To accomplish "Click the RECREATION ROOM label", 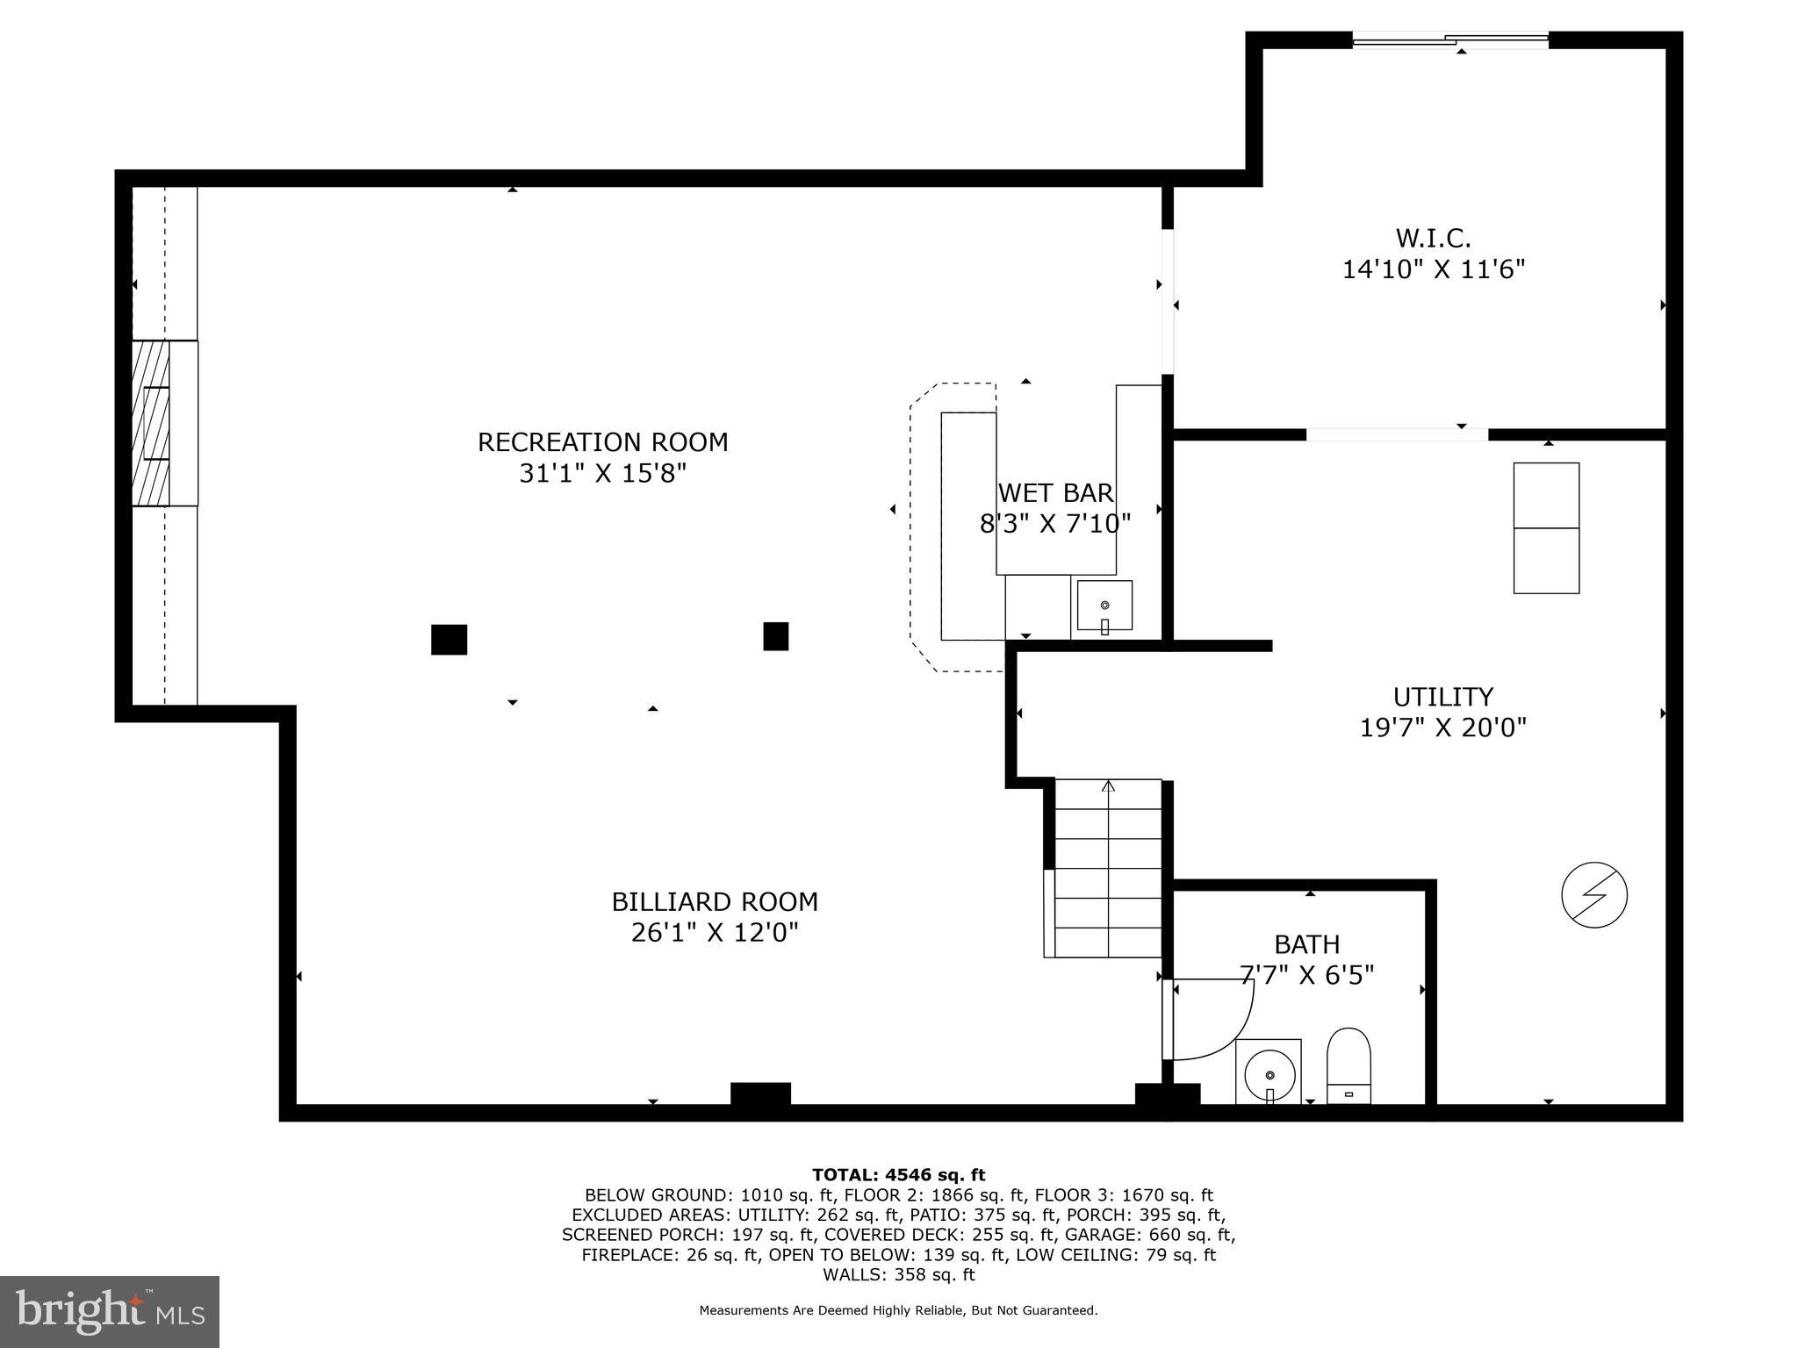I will [x=602, y=441].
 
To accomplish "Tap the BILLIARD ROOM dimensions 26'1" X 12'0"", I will [x=715, y=932].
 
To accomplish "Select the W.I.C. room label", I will [x=1433, y=238].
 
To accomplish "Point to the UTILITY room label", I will [x=1442, y=697].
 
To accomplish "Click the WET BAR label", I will [x=1055, y=493].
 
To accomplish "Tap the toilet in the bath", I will [x=1348, y=1065].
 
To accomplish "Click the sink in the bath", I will [x=1269, y=1072].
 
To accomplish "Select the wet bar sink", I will [x=1104, y=606].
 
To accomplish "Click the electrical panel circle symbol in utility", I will [x=1594, y=896].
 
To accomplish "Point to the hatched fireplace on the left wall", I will [x=151, y=423].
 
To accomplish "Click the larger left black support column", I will [x=449, y=639].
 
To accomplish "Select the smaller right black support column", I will [x=775, y=636].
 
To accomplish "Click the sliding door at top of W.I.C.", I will [x=1450, y=39].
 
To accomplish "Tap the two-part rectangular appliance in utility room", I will [x=1546, y=528].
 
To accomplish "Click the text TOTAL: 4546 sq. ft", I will [x=898, y=1174].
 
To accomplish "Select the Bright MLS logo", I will [x=110, y=1311].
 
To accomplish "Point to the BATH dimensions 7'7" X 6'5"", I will [x=1306, y=975].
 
